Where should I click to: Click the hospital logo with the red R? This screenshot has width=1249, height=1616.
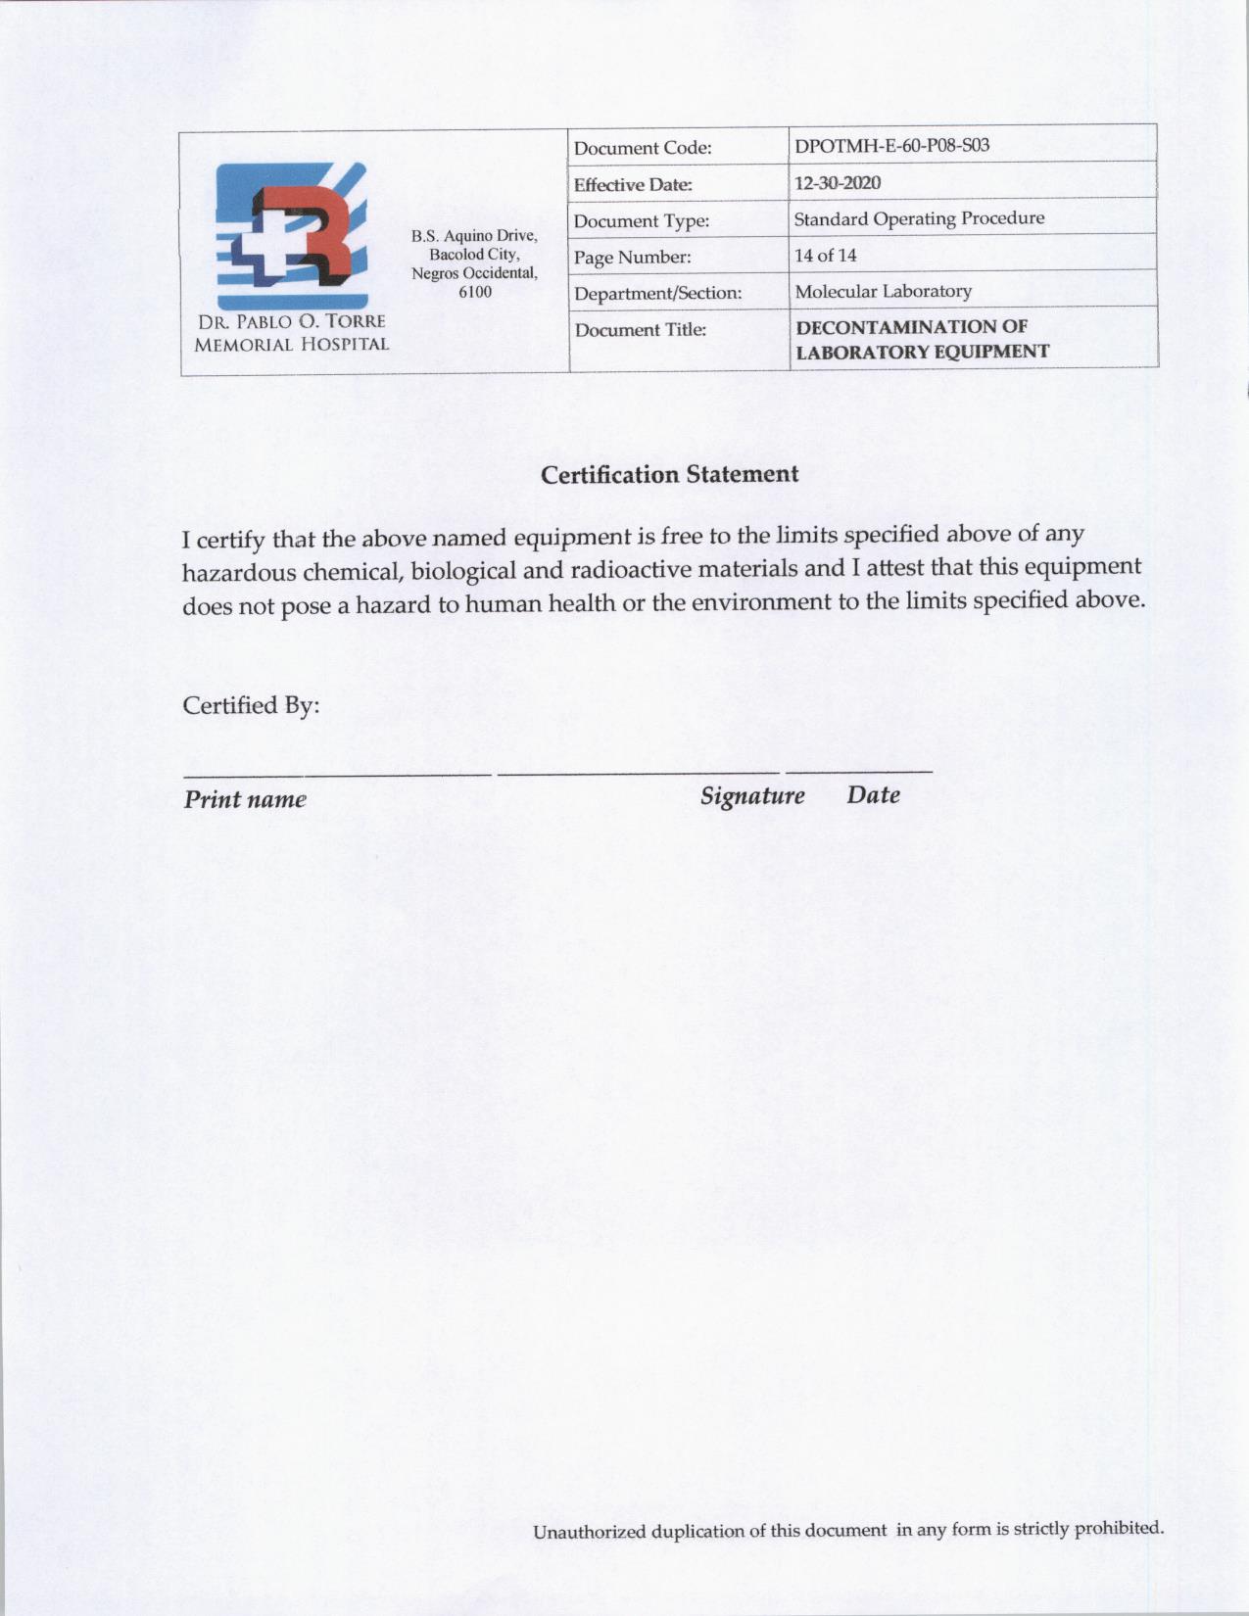pos(292,235)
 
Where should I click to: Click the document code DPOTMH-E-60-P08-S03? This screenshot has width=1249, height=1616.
pos(891,146)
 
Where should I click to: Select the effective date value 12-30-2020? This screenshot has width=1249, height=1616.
pos(838,183)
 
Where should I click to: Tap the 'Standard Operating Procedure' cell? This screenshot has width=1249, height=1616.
pos(919,218)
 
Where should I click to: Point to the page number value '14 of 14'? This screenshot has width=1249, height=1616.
pos(826,256)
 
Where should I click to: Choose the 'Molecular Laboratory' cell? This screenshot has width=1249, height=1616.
pos(883,291)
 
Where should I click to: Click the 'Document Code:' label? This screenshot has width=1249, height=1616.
pos(643,149)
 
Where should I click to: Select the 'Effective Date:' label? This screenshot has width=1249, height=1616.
pos(633,185)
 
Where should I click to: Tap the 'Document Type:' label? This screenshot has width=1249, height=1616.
pos(642,221)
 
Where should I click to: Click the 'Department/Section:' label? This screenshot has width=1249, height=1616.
pos(657,293)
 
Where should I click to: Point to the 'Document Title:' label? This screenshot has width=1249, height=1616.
pos(640,330)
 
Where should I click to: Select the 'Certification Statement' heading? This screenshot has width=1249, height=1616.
pos(670,475)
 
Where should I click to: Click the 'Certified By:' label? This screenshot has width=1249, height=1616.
pos(252,705)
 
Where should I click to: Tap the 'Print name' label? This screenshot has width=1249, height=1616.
pos(245,799)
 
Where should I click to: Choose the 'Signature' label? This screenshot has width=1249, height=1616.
pos(752,795)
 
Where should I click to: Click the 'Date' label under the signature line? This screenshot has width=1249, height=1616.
pos(874,794)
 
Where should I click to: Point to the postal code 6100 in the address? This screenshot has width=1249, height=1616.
pos(475,292)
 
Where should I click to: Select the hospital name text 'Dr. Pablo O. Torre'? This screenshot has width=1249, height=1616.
pos(292,322)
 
